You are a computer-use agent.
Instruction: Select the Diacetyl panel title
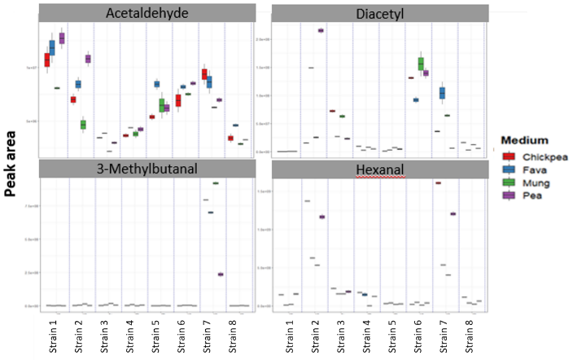[x=380, y=15]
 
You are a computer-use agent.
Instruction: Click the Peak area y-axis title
[x=11, y=162]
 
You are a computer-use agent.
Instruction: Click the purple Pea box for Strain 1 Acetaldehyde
[x=62, y=38]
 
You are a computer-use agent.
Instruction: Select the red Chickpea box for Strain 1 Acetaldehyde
[x=47, y=59]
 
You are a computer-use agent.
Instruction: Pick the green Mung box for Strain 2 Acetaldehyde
[x=83, y=125]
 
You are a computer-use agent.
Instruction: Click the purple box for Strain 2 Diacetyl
[x=321, y=30]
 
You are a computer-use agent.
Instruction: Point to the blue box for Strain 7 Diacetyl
[x=442, y=93]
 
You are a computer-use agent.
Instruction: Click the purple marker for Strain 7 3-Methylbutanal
[x=220, y=274]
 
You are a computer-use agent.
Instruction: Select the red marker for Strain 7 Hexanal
[x=438, y=183]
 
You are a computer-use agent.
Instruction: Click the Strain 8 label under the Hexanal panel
[x=469, y=336]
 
